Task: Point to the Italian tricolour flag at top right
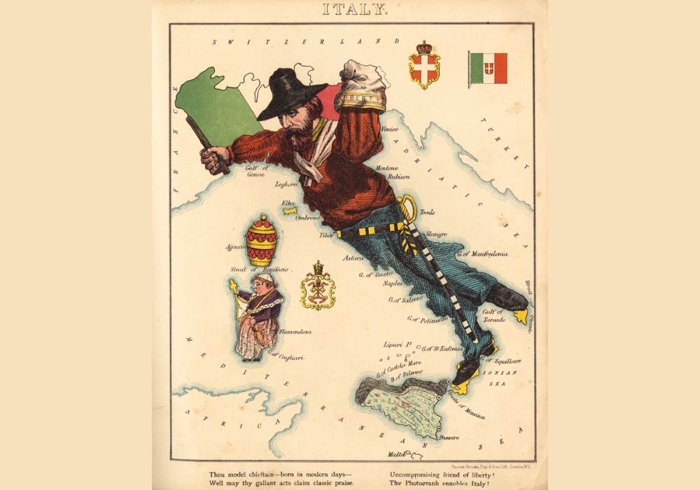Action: [x=489, y=69]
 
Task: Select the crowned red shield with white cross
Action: [x=424, y=66]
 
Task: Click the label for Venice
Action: [x=389, y=129]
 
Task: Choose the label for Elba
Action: [x=288, y=203]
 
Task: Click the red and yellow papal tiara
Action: [x=261, y=241]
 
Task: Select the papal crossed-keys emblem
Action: [x=318, y=286]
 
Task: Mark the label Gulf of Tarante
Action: [x=493, y=316]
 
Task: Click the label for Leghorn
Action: [x=286, y=184]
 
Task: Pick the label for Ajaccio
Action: [x=235, y=247]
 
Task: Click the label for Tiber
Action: [x=327, y=236]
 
